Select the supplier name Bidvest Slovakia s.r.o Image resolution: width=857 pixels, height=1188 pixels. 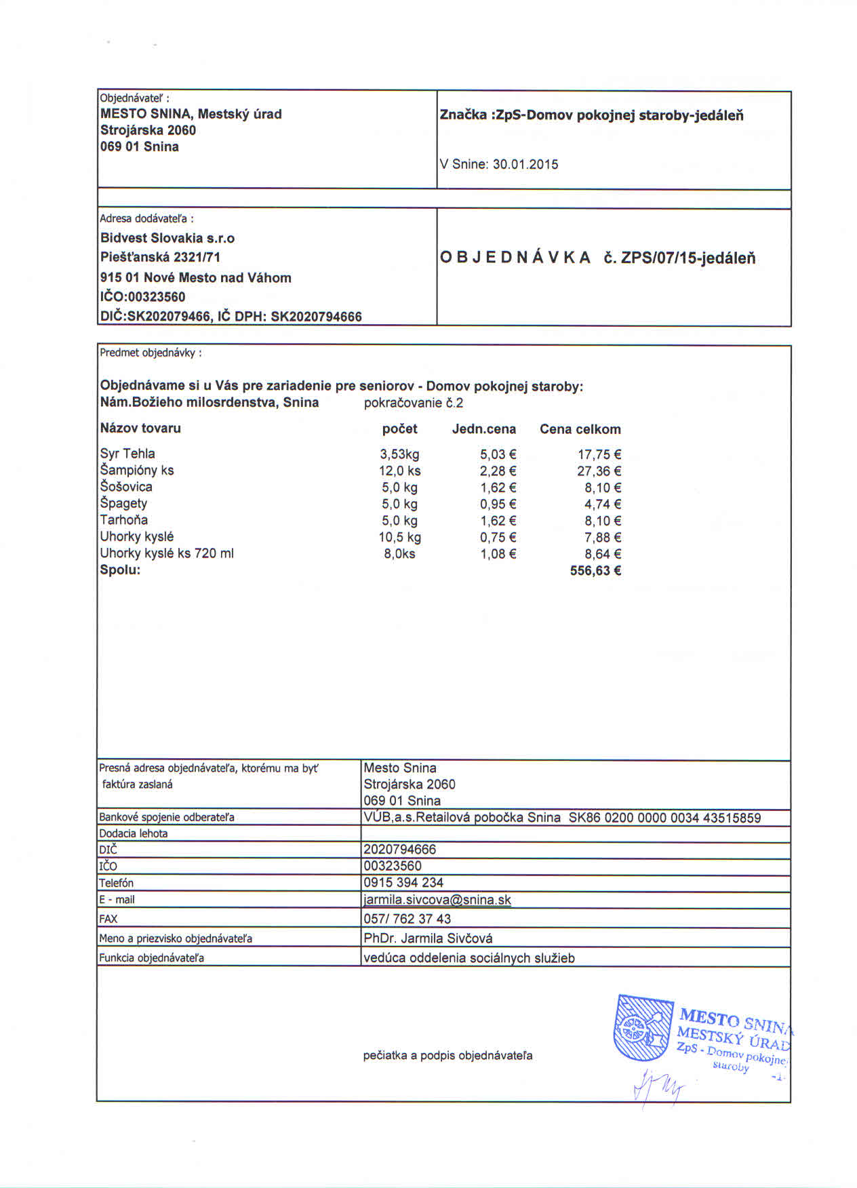(167, 238)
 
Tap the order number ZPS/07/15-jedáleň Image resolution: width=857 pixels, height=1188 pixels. (688, 258)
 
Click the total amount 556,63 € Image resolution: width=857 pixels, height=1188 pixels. (595, 571)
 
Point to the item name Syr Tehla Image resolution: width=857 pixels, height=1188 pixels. (127, 454)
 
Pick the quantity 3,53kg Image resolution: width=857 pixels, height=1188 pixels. (399, 454)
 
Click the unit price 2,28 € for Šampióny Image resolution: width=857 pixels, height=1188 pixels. (498, 471)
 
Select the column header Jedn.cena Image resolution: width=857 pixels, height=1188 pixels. (483, 429)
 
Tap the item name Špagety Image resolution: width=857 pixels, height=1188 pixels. (123, 503)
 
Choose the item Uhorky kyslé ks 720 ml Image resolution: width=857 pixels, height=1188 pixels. (167, 553)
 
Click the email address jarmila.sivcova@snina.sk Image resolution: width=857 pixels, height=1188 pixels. (437, 900)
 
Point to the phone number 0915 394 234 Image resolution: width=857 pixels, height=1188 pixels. (403, 883)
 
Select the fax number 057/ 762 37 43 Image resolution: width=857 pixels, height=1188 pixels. (407, 919)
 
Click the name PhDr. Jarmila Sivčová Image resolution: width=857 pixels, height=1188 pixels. (428, 938)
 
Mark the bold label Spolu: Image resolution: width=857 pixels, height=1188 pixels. (120, 570)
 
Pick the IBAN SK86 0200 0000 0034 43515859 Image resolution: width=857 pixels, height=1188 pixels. (664, 818)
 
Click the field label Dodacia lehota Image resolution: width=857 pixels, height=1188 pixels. (134, 833)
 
